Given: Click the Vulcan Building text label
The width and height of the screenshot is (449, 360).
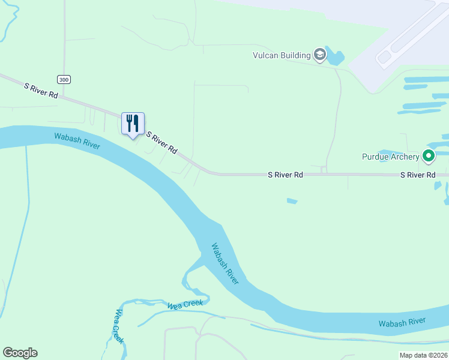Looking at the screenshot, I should pyautogui.click(x=280, y=56).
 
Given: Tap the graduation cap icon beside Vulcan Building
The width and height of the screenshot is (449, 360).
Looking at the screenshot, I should pyautogui.click(x=320, y=55).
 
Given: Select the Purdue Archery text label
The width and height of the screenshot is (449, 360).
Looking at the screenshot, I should pyautogui.click(x=390, y=157).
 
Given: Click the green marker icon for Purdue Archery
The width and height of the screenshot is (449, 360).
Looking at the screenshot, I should pyautogui.click(x=429, y=157).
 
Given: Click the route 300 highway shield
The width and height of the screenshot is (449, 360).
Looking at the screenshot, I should pyautogui.click(x=63, y=79).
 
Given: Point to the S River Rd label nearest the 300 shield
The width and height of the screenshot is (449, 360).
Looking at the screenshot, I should pyautogui.click(x=41, y=91).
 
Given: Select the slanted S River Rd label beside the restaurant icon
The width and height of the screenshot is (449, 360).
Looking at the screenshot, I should pyautogui.click(x=162, y=143).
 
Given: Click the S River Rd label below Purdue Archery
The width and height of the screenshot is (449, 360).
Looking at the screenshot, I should pyautogui.click(x=418, y=175).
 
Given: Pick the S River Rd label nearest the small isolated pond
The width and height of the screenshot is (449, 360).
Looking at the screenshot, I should pyautogui.click(x=285, y=175).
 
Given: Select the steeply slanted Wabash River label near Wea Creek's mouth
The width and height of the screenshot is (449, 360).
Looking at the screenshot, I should pyautogui.click(x=225, y=263).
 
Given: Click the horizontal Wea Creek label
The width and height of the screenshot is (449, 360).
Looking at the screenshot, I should pyautogui.click(x=185, y=305).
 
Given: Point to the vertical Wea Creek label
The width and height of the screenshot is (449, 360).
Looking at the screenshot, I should pyautogui.click(x=119, y=326).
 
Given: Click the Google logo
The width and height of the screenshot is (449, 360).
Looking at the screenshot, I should pyautogui.click(x=20, y=353).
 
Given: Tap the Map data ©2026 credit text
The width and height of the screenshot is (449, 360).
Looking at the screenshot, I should pyautogui.click(x=423, y=355).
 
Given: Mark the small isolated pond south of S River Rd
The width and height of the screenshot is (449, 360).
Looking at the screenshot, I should pyautogui.click(x=292, y=201).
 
